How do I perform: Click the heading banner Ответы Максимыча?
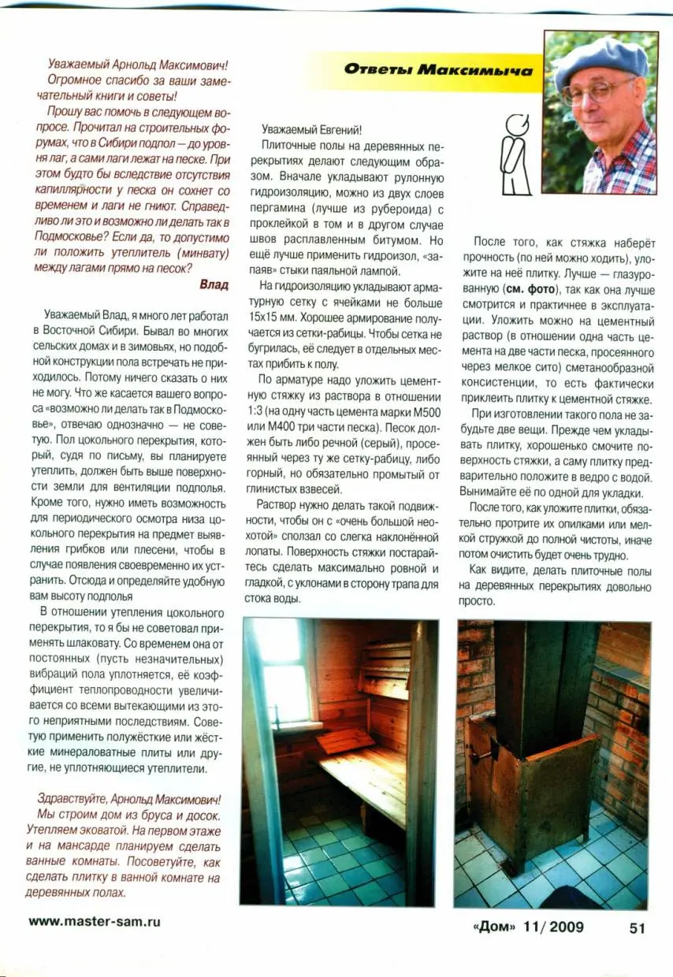click(437, 70)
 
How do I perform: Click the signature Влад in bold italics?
click(214, 284)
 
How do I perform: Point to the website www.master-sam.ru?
click(99, 921)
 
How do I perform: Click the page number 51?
click(637, 927)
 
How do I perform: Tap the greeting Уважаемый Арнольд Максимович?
click(137, 66)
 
